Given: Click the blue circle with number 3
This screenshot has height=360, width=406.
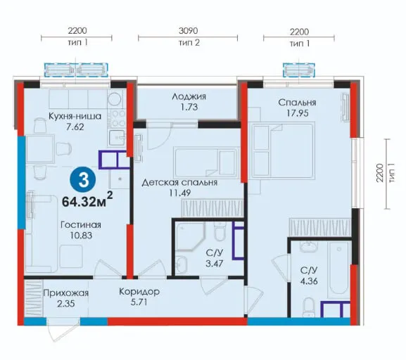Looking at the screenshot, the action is click(x=84, y=180).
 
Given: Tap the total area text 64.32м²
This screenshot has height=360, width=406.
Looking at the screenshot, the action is click(x=87, y=200).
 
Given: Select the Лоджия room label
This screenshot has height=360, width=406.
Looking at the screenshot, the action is click(x=189, y=96).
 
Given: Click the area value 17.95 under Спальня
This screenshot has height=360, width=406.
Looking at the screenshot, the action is click(x=298, y=113).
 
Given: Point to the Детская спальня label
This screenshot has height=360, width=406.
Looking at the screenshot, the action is click(x=179, y=182).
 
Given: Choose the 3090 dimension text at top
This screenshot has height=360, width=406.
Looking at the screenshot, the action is click(x=189, y=31).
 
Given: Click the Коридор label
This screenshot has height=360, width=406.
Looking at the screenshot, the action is click(x=139, y=292).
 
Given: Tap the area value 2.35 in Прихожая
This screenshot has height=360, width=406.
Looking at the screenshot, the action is click(x=66, y=303).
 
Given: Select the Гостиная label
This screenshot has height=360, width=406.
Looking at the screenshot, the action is click(x=81, y=224).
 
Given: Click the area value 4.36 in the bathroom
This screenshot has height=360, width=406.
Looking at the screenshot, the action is click(x=309, y=281).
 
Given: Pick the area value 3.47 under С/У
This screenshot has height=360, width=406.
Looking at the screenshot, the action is click(x=214, y=264).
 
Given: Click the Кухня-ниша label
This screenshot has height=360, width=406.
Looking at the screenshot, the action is click(x=75, y=116).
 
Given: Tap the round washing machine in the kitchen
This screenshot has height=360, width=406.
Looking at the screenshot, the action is click(x=115, y=99).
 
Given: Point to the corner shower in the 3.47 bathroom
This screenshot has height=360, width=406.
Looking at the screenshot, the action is click(x=190, y=236).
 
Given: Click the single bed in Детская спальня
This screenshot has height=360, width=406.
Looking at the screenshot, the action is click(x=206, y=162).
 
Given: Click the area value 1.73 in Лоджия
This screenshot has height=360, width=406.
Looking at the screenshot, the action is click(x=189, y=107).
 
